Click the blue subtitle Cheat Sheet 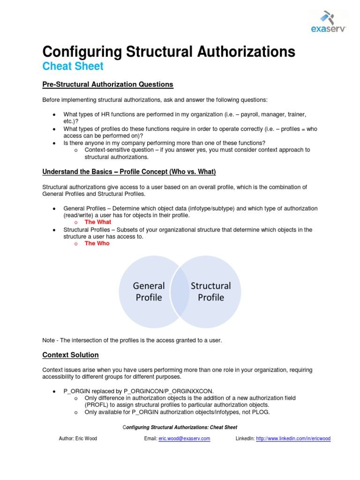point(73,66)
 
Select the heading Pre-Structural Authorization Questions point(108,84)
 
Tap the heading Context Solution point(70,355)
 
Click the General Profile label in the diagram point(149,292)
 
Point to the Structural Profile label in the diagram point(211,292)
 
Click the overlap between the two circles point(180,292)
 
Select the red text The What point(97,222)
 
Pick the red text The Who point(97,243)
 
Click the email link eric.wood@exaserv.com point(184,439)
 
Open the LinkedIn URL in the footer point(293,439)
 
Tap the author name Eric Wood point(86,439)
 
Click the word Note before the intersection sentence point(49,340)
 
